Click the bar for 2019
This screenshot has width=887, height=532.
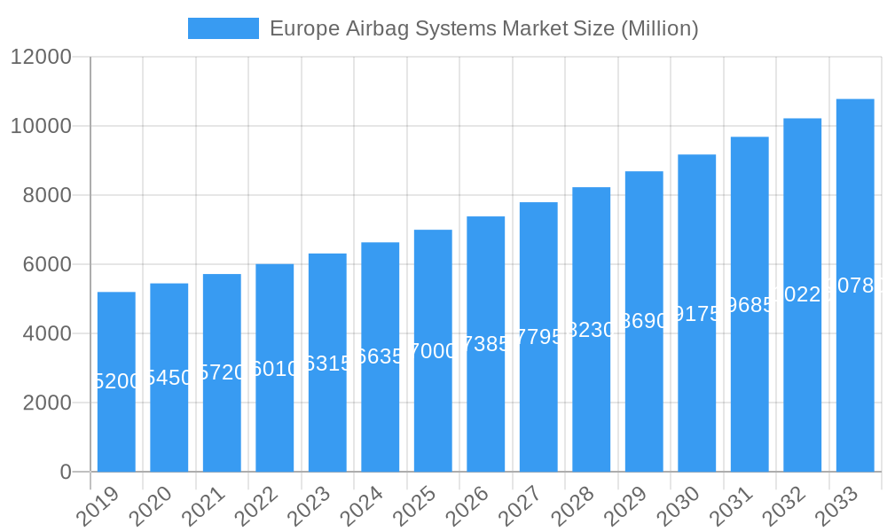tap(116, 381)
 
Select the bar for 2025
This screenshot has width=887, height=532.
tap(433, 350)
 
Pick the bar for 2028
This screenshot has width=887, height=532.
tap(591, 329)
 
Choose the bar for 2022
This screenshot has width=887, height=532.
tap(275, 367)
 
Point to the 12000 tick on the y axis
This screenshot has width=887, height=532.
tap(41, 57)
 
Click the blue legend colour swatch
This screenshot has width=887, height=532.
tap(224, 28)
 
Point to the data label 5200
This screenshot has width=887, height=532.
tap(116, 381)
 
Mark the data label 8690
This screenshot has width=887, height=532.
tap(644, 321)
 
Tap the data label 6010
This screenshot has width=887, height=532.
tap(275, 369)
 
